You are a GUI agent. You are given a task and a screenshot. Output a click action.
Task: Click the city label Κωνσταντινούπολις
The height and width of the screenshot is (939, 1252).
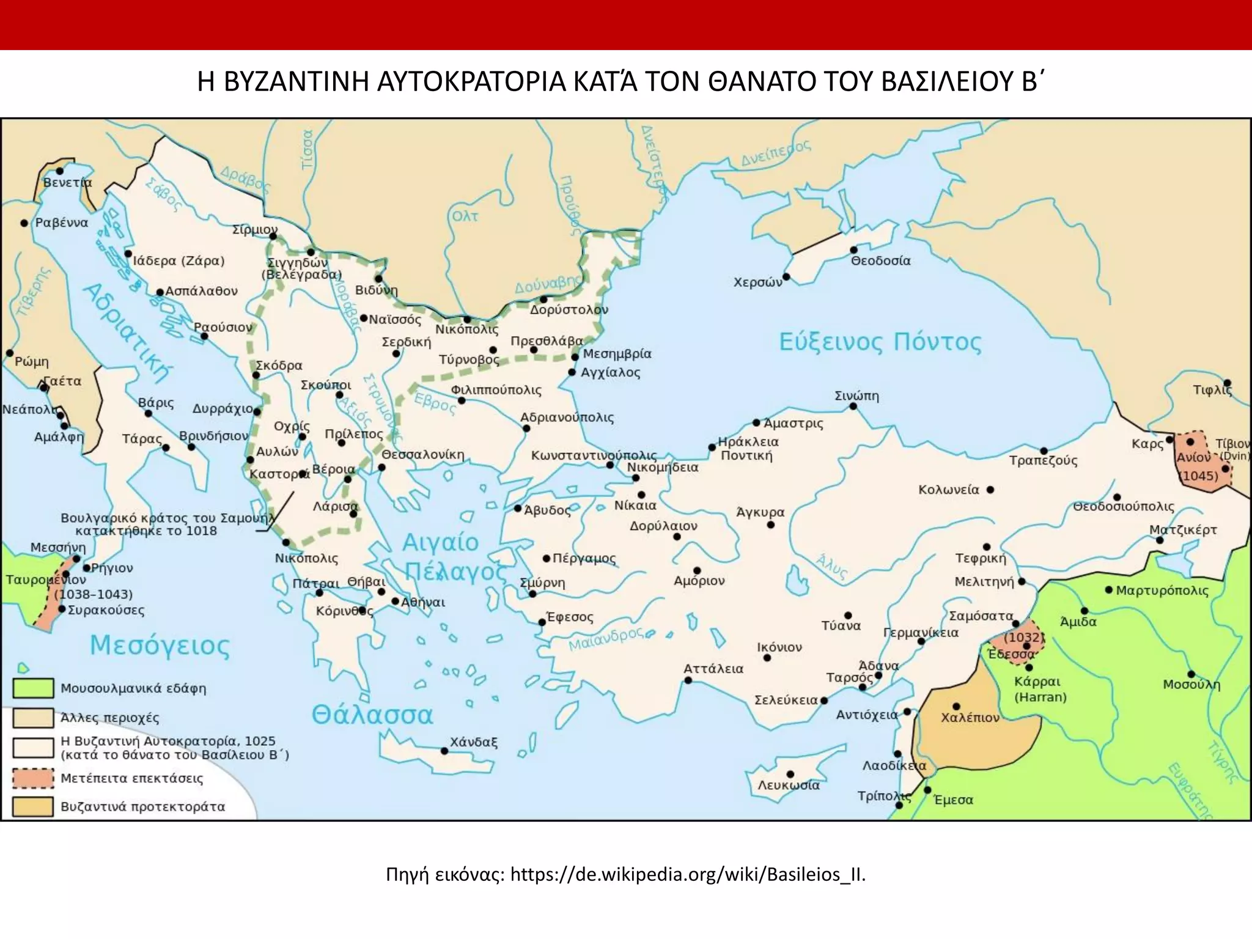coord(593,455)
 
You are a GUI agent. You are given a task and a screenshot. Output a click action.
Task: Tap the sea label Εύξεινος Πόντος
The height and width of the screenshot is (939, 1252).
coord(880,342)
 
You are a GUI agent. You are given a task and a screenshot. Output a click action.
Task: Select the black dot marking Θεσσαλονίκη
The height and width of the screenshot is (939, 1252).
coord(381,468)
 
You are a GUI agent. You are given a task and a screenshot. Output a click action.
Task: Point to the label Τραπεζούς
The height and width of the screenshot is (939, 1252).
coord(1043,460)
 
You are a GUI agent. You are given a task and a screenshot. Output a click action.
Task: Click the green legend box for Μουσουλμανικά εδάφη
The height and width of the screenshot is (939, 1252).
coord(33,688)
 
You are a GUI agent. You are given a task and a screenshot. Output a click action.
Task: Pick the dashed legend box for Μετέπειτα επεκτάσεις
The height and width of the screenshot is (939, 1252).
coord(33,778)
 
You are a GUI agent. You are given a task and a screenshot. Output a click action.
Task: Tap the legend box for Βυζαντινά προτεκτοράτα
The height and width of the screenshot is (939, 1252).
coord(33,806)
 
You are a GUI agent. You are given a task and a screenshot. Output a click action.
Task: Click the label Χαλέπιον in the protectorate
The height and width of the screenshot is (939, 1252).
coord(970,718)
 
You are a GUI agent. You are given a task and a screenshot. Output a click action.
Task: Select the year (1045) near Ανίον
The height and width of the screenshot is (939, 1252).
coord(1198,476)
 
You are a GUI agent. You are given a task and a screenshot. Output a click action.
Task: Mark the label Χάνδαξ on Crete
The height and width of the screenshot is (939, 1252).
coord(474,742)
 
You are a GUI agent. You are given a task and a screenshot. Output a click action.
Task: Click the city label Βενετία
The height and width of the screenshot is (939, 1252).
coord(67,183)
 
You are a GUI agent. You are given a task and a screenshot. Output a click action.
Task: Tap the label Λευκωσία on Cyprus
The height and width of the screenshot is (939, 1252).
coord(789,785)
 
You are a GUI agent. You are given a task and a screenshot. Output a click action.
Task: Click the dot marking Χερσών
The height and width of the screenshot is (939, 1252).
coord(786,276)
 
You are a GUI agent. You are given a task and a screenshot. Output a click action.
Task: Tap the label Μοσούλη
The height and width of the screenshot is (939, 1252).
coord(1191,685)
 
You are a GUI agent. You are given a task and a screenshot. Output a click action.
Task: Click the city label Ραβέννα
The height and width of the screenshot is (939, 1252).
coord(61,223)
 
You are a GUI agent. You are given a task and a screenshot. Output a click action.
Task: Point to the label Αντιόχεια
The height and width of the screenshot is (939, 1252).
coord(867,715)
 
